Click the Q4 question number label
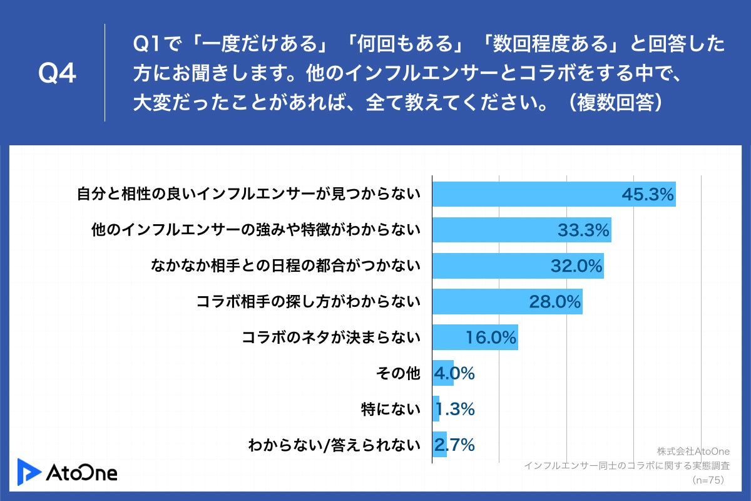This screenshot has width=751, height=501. click(57, 73)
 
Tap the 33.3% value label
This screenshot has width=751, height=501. click(583, 230)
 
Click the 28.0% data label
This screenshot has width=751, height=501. click(556, 302)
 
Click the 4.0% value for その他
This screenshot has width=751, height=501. click(454, 373)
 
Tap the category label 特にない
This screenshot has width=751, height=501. click(390, 410)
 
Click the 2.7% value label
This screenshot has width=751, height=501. click(454, 445)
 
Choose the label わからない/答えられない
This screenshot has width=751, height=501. click(333, 445)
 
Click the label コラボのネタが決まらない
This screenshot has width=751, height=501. click(330, 338)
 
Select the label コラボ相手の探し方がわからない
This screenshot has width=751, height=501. click(308, 302)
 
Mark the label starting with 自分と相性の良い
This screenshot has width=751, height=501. click(248, 195)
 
